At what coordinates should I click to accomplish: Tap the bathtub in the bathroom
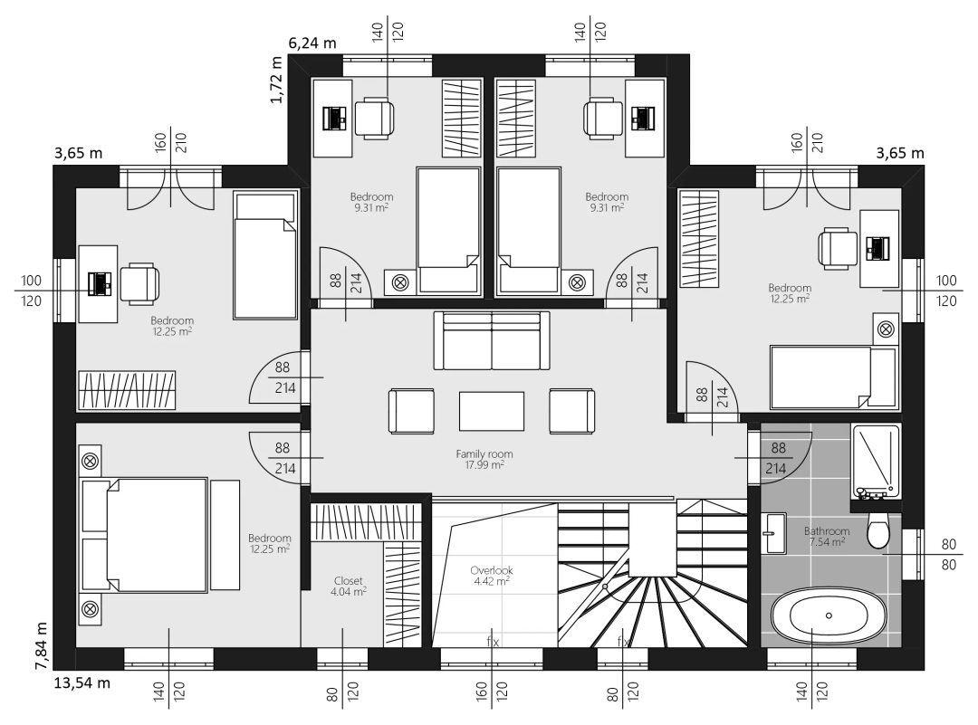point(829,615)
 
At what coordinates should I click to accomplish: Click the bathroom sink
point(773,533)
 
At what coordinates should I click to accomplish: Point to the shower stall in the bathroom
point(876,462)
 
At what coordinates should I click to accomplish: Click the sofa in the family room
point(492,340)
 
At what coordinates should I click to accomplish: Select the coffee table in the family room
point(492,411)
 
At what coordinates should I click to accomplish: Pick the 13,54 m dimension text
point(82,682)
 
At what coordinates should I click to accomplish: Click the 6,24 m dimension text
point(312,43)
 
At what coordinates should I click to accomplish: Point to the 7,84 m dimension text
point(41,645)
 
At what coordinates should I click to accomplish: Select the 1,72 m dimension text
point(276,79)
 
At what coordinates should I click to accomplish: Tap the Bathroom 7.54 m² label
point(827,536)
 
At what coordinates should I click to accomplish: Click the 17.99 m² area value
point(484,465)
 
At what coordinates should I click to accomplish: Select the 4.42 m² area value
point(492,581)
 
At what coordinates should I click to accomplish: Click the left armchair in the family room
point(412,411)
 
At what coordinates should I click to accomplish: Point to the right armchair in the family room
point(572,411)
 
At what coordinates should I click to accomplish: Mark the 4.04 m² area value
point(348,592)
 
